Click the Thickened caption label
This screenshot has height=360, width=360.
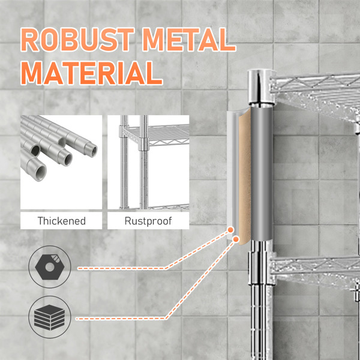(x=62, y=221)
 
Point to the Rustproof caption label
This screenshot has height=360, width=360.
(x=148, y=221)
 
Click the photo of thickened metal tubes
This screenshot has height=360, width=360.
(x=61, y=162)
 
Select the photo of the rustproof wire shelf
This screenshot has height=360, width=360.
(x=148, y=162)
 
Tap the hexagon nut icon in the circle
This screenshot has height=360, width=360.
(x=50, y=265)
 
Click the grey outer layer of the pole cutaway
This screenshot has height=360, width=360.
(x=262, y=174)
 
